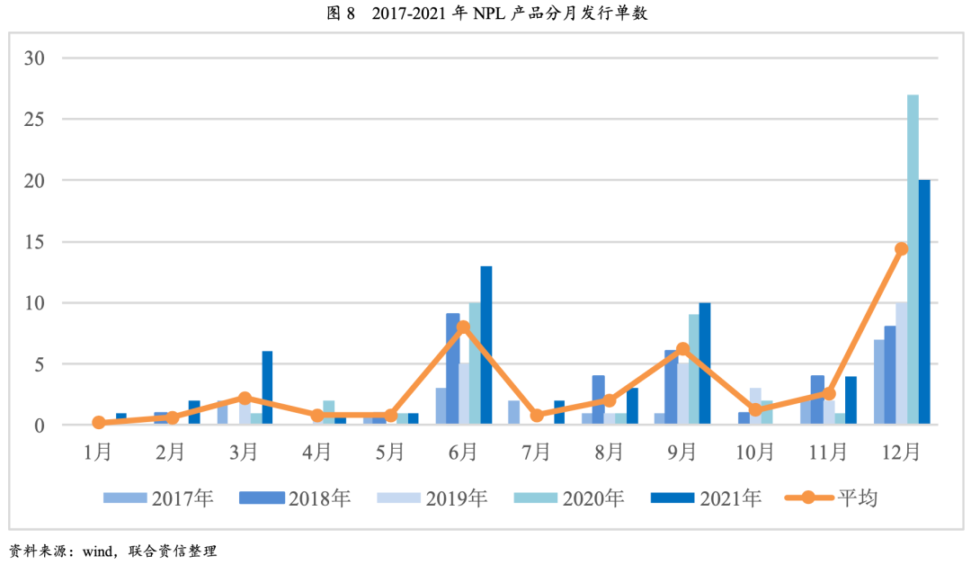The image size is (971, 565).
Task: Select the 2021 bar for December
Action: click(x=924, y=302)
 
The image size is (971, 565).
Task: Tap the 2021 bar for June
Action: click(x=486, y=345)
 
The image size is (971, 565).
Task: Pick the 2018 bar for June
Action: click(x=453, y=369)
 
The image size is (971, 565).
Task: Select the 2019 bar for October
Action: click(x=755, y=407)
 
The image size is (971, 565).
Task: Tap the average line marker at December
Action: click(x=901, y=248)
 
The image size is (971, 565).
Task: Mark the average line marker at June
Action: click(x=463, y=327)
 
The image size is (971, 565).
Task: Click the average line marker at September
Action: click(x=682, y=348)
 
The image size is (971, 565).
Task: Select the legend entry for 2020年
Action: click(x=571, y=498)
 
